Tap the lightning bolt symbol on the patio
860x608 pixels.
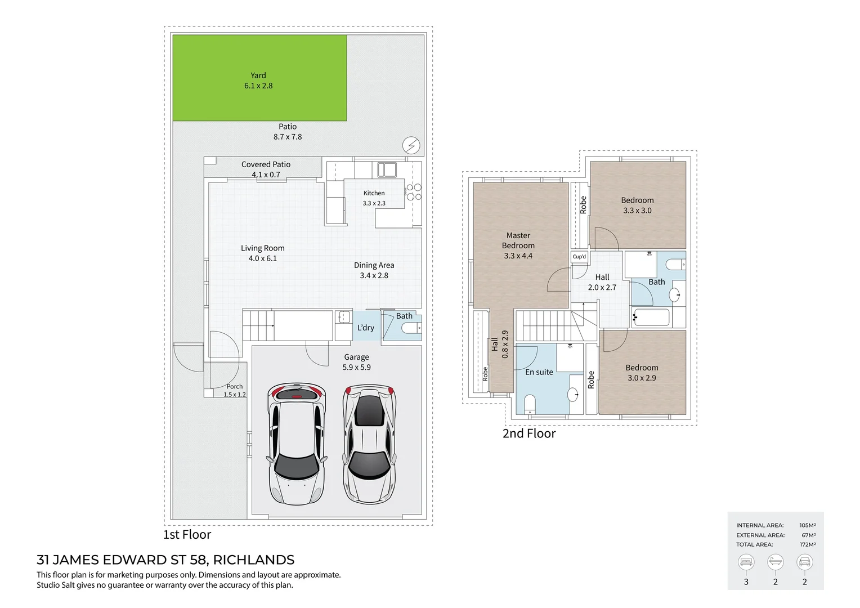point(411,145)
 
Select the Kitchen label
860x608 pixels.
point(374,193)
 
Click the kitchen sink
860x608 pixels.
point(387,169)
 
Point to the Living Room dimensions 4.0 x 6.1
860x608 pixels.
point(262,258)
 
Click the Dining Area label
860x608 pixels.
point(374,265)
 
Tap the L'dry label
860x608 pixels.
point(366,328)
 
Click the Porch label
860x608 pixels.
point(235,387)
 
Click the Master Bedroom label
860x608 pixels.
point(518,240)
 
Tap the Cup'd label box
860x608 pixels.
point(579,257)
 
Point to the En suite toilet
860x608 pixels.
point(530,404)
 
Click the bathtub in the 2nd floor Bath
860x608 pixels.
point(651,318)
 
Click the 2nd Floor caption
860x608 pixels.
point(528,433)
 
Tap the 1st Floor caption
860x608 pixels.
point(187,535)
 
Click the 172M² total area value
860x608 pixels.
point(807,544)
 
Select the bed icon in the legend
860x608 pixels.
point(746,562)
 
